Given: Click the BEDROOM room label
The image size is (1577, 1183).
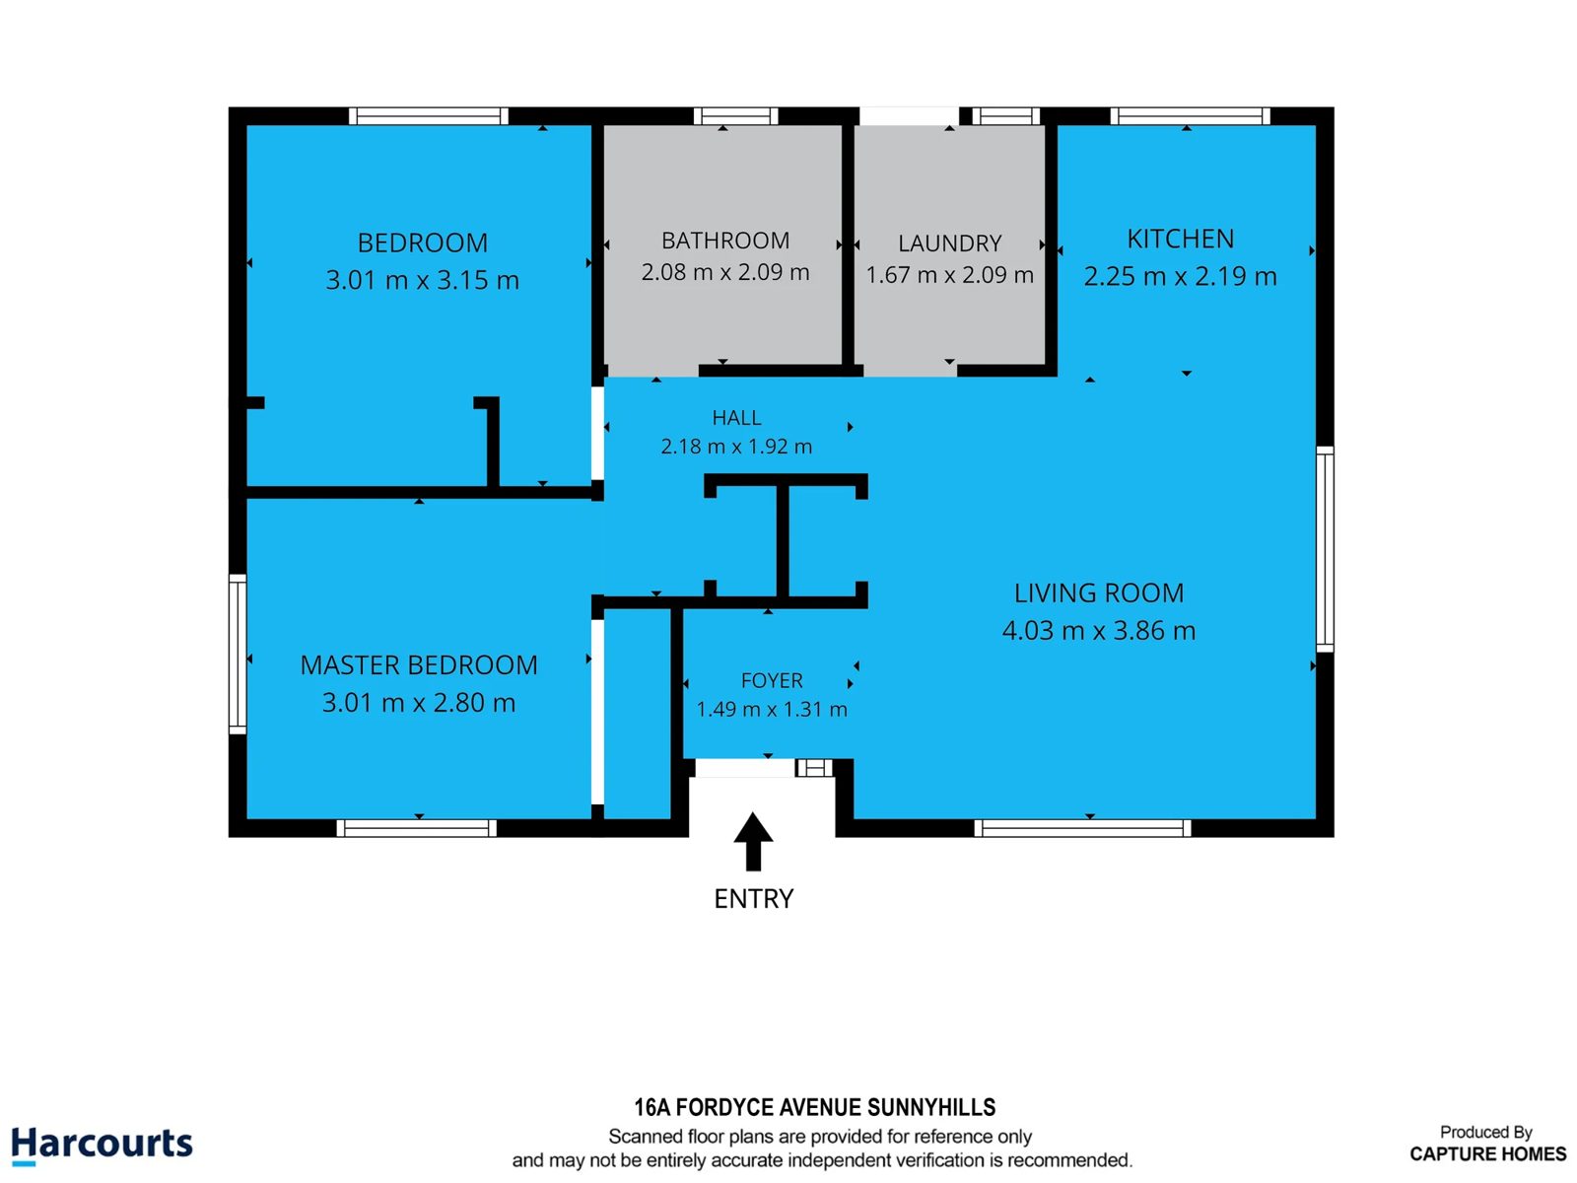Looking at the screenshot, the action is [422, 243].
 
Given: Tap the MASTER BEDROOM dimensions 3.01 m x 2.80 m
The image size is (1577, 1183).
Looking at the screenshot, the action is [418, 703].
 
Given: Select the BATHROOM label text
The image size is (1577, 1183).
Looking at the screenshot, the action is [724, 241].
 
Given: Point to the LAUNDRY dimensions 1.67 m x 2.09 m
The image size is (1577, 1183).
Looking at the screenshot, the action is [949, 274].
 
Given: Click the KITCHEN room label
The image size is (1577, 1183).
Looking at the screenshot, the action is [1180, 240].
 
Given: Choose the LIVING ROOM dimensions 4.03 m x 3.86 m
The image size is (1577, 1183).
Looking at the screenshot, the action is [1099, 631].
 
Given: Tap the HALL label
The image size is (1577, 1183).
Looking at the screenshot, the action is [736, 417].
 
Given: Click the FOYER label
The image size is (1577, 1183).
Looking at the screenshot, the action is [772, 680].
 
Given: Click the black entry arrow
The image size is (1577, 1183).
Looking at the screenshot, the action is [753, 841].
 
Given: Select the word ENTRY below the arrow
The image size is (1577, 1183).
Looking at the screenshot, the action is [754, 898].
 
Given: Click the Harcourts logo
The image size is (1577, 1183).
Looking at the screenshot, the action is [103, 1144].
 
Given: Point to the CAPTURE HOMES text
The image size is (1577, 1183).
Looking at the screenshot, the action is [1487, 1153].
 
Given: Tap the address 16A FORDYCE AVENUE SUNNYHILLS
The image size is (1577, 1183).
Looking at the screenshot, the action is [815, 1107].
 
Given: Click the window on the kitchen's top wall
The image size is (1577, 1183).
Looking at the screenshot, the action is [1190, 115].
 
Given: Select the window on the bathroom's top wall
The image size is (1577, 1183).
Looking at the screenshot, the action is [735, 115].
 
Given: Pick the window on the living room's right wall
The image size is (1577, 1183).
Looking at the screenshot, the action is [1325, 549].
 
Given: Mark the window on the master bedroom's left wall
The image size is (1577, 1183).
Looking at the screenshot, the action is [238, 655].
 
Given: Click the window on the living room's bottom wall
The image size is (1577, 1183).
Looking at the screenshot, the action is [1082, 828].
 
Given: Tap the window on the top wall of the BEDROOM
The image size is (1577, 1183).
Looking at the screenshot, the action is [428, 115].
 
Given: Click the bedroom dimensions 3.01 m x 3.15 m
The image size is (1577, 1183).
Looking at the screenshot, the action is [422, 279].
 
